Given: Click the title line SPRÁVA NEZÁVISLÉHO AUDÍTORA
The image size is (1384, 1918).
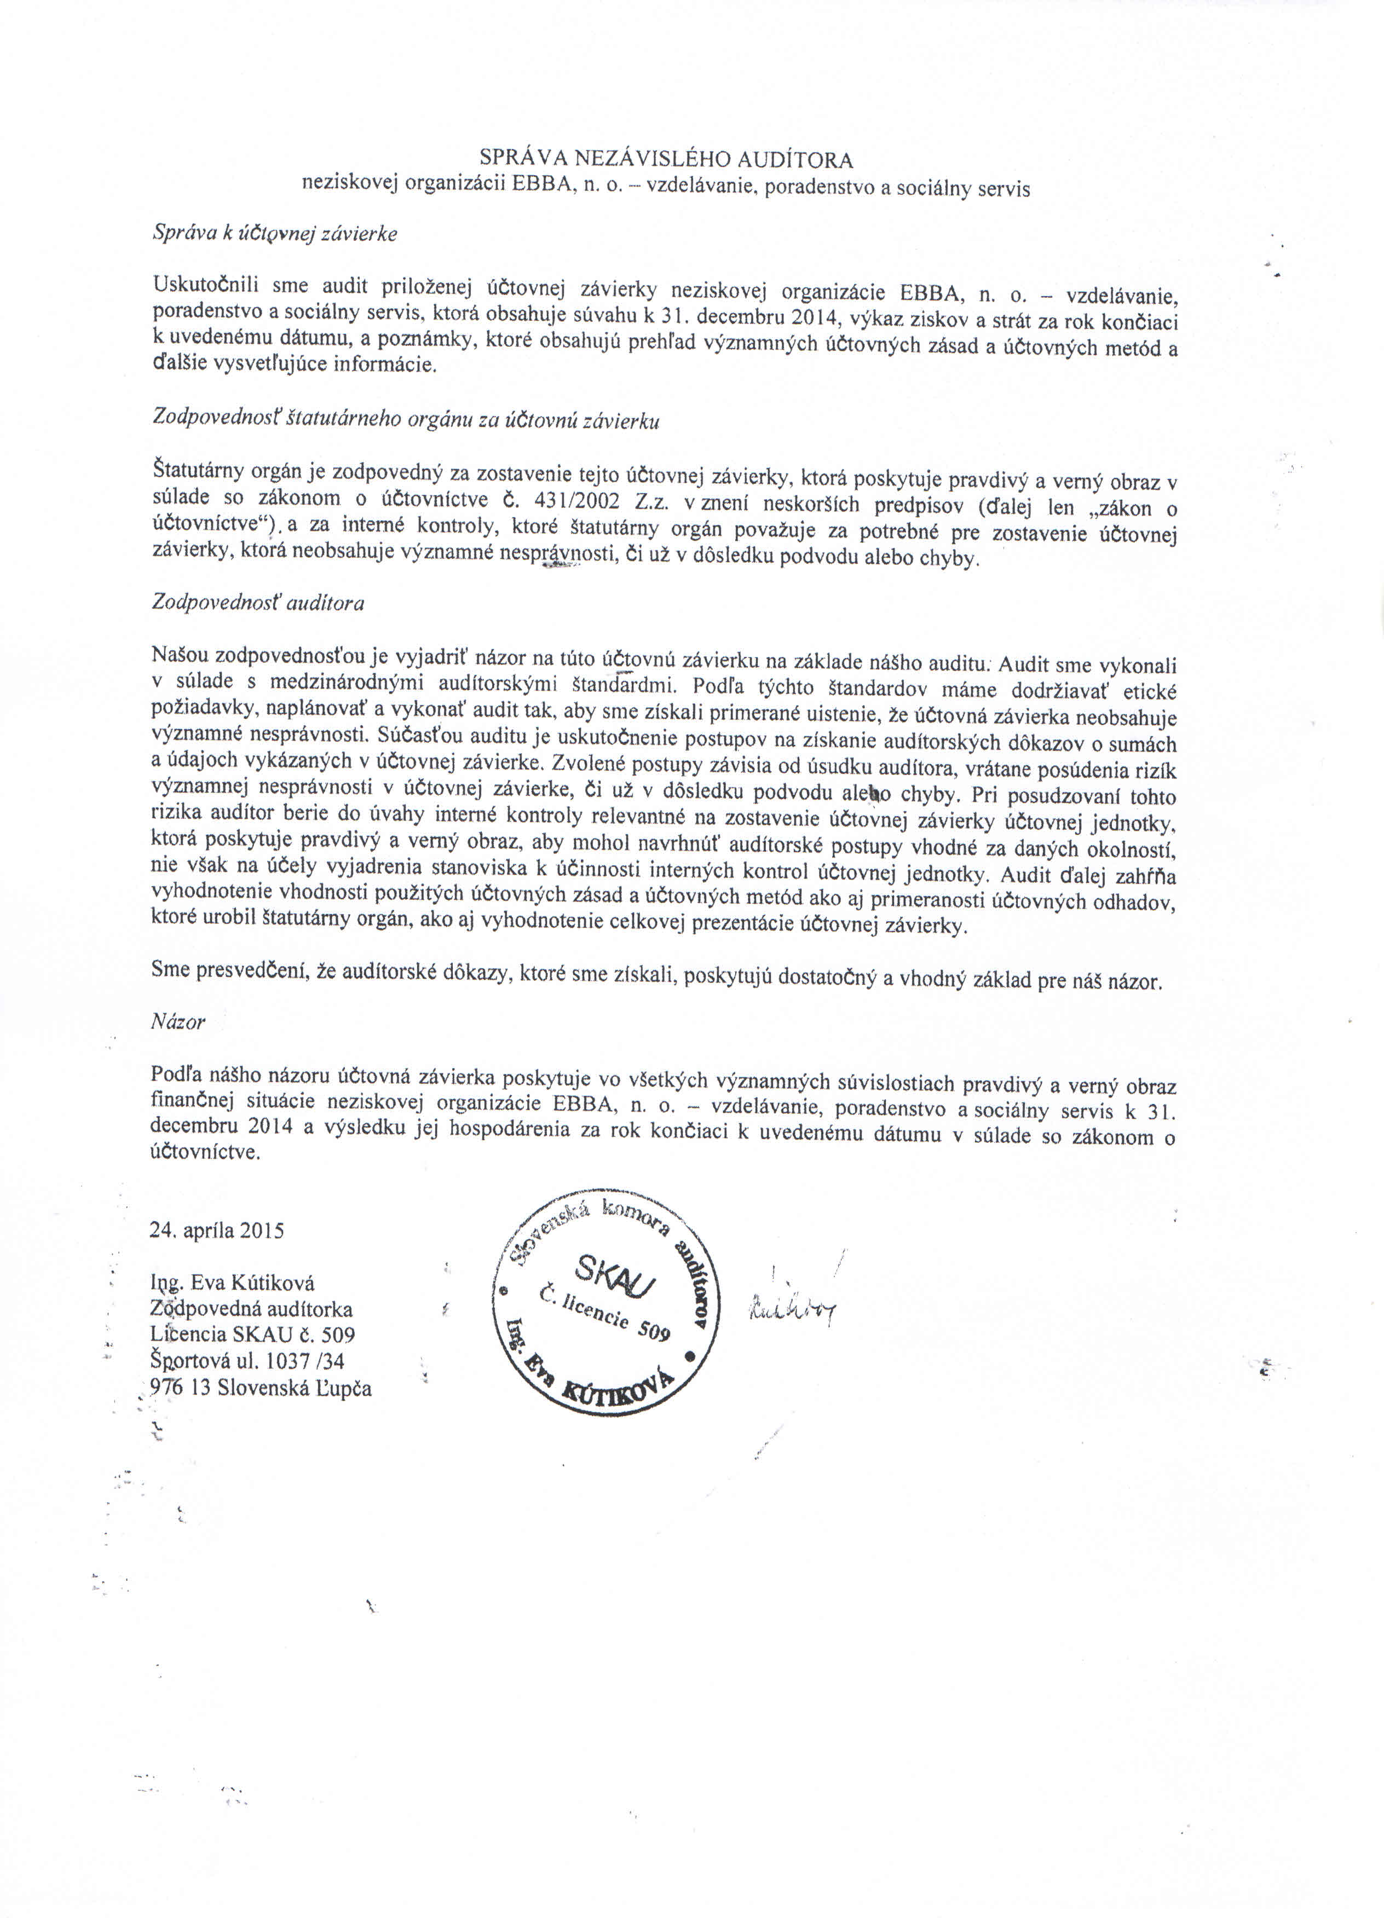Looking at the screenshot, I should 666,158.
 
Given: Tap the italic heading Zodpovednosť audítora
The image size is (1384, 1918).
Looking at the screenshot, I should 258,603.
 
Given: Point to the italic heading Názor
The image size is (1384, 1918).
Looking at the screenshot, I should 177,1021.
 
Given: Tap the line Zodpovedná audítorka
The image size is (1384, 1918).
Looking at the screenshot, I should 251,1309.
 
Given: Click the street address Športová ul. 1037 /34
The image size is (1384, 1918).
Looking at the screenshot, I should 247,1361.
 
